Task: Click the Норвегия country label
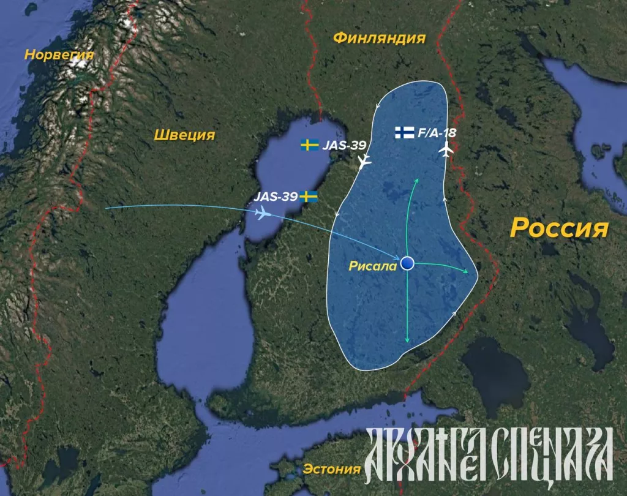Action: (59, 54)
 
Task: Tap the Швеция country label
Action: (184, 135)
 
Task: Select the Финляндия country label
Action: (379, 39)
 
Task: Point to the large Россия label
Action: (560, 228)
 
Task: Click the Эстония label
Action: (331, 470)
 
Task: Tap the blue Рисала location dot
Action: (407, 263)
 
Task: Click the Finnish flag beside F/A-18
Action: (404, 132)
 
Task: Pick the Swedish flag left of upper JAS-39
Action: (309, 145)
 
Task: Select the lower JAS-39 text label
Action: (276, 197)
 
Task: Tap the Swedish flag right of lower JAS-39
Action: (310, 197)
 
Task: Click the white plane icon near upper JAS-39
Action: (364, 162)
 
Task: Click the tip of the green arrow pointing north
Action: (416, 179)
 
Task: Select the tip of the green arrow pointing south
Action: (407, 342)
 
